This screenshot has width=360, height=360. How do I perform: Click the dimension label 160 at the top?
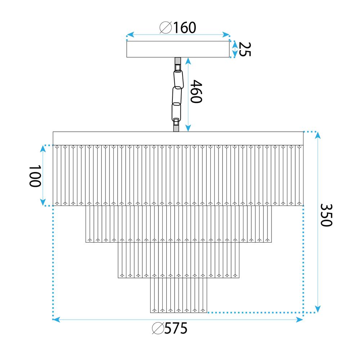[x=185, y=28]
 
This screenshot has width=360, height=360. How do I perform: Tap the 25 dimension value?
[x=245, y=49]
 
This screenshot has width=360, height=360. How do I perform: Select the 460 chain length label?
[x=196, y=91]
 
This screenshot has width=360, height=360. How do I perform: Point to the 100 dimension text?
[x=35, y=176]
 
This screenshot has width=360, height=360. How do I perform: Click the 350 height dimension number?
[x=326, y=215]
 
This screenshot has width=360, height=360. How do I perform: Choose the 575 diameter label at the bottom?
[x=176, y=328]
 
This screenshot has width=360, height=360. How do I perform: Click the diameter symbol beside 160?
[x=166, y=28]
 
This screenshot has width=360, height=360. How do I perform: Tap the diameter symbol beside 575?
[x=158, y=328]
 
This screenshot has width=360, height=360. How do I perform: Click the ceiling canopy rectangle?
[x=178, y=49]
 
